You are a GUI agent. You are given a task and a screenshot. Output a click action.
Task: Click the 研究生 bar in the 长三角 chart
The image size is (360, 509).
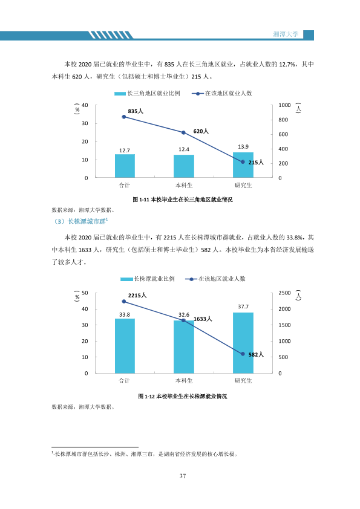(243, 165)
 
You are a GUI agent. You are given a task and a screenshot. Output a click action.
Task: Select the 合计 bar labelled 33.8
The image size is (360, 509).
(125, 346)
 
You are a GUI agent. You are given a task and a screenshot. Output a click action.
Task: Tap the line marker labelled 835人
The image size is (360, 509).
(124, 117)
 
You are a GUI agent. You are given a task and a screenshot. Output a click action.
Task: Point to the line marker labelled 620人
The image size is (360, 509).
(183, 132)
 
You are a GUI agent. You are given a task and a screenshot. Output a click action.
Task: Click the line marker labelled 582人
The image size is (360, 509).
(243, 354)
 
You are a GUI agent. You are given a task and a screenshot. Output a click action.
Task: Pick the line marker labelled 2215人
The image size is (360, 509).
(124, 302)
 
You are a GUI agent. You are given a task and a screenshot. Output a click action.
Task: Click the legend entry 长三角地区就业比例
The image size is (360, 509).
(147, 94)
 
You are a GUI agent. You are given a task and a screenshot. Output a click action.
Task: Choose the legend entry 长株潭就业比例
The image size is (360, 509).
(148, 279)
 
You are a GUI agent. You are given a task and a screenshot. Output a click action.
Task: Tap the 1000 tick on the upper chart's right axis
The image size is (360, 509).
(284, 105)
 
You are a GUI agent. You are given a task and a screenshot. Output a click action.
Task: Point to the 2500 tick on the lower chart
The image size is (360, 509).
(284, 293)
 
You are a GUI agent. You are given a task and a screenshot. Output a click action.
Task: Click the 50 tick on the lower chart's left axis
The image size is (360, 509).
(85, 293)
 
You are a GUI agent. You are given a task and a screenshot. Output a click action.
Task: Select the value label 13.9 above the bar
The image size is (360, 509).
(243, 147)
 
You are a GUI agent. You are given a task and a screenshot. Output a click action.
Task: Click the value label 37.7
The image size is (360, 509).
(243, 306)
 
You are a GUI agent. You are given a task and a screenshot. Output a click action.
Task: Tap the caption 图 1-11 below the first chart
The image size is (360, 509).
(183, 199)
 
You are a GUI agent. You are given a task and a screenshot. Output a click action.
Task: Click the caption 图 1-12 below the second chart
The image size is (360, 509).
(183, 397)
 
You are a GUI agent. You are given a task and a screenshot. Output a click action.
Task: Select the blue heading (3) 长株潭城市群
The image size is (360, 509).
(80, 221)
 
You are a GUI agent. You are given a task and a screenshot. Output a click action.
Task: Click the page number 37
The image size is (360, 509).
(183, 476)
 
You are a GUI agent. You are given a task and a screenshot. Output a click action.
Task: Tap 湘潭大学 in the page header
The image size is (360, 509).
(286, 34)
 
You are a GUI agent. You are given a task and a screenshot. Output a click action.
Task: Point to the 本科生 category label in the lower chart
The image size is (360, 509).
(184, 381)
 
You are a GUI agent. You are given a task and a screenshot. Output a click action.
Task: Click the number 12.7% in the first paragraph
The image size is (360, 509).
(287, 65)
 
